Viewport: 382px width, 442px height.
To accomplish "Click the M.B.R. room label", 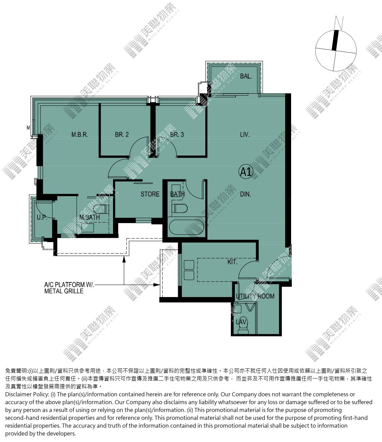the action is (x=79, y=134).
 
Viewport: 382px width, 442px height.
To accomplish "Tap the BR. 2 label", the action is (x=122, y=134).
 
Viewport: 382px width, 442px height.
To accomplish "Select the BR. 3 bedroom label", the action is (x=177, y=134).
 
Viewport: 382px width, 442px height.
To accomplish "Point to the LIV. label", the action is (x=245, y=134).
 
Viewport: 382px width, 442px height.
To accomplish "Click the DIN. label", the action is (x=245, y=194).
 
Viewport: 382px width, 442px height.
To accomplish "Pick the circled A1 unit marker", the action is (x=246, y=172).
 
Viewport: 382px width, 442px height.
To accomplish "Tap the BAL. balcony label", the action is (x=246, y=76).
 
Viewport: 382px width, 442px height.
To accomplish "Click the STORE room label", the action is (x=150, y=194).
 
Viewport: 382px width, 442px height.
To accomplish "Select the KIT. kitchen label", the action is (x=232, y=262).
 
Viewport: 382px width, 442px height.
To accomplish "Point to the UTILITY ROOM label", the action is (x=255, y=296).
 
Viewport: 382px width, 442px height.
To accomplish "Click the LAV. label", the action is (x=242, y=322).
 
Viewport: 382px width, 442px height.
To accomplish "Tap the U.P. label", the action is (x=42, y=217).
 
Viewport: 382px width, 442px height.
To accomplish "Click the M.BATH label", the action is (x=90, y=217).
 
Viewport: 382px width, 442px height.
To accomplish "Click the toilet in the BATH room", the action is (x=179, y=208).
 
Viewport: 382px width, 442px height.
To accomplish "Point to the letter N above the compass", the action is (x=339, y=23).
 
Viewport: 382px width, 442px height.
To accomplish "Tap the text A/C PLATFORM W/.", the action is (x=69, y=285).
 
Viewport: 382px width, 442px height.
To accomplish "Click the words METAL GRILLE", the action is (x=64, y=291).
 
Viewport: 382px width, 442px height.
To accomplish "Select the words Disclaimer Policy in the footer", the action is (x=27, y=394).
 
